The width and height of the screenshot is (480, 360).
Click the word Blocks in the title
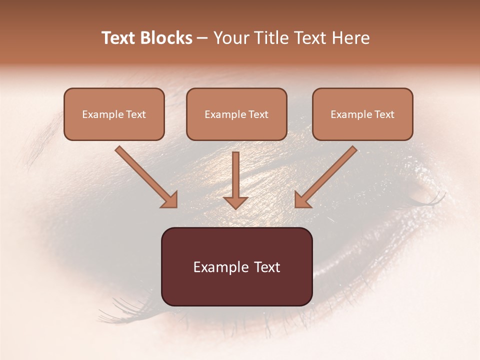166,38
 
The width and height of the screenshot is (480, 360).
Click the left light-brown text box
114,114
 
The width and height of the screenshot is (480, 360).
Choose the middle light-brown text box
236,114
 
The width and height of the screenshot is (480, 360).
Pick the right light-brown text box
362,114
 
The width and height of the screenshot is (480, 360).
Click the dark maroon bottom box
236,266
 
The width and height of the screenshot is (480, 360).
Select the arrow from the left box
145,176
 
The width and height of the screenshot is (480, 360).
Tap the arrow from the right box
327,176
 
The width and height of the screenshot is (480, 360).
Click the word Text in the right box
384,114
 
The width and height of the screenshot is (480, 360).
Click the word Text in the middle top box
258,114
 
